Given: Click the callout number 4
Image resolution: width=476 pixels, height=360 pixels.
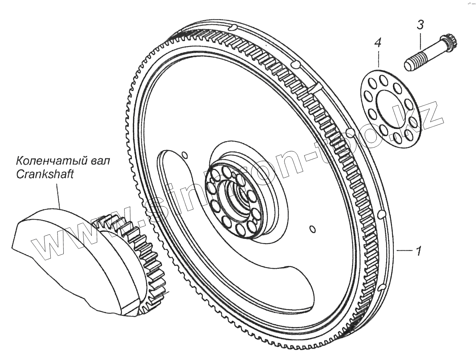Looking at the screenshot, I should point(378,44).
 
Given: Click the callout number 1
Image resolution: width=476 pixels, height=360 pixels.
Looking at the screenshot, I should point(419,251).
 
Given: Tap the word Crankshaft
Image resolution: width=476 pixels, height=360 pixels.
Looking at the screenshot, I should point(45,175).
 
